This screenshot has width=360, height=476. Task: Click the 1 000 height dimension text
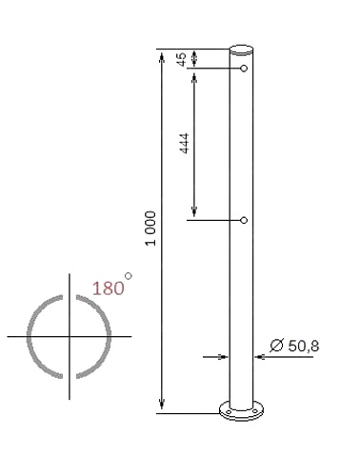[151, 228]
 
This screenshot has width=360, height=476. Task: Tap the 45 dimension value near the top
[183, 59]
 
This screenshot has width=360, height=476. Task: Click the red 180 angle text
[108, 288]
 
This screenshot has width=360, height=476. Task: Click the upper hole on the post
[245, 69]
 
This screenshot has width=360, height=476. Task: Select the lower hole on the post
[245, 221]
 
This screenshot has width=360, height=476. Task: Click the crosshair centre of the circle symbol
[68, 337]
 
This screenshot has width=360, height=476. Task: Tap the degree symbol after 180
[129, 277]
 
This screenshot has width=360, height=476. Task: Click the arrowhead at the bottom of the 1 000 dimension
[163, 407]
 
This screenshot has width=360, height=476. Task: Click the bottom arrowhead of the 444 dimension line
[193, 213]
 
